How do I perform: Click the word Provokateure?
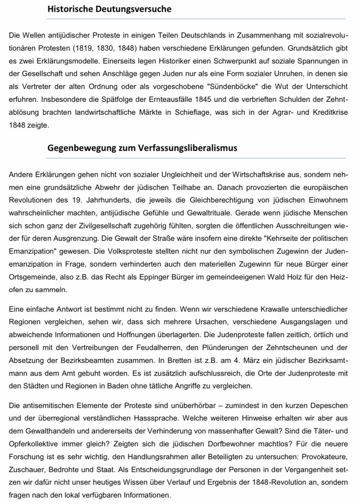(323, 456)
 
